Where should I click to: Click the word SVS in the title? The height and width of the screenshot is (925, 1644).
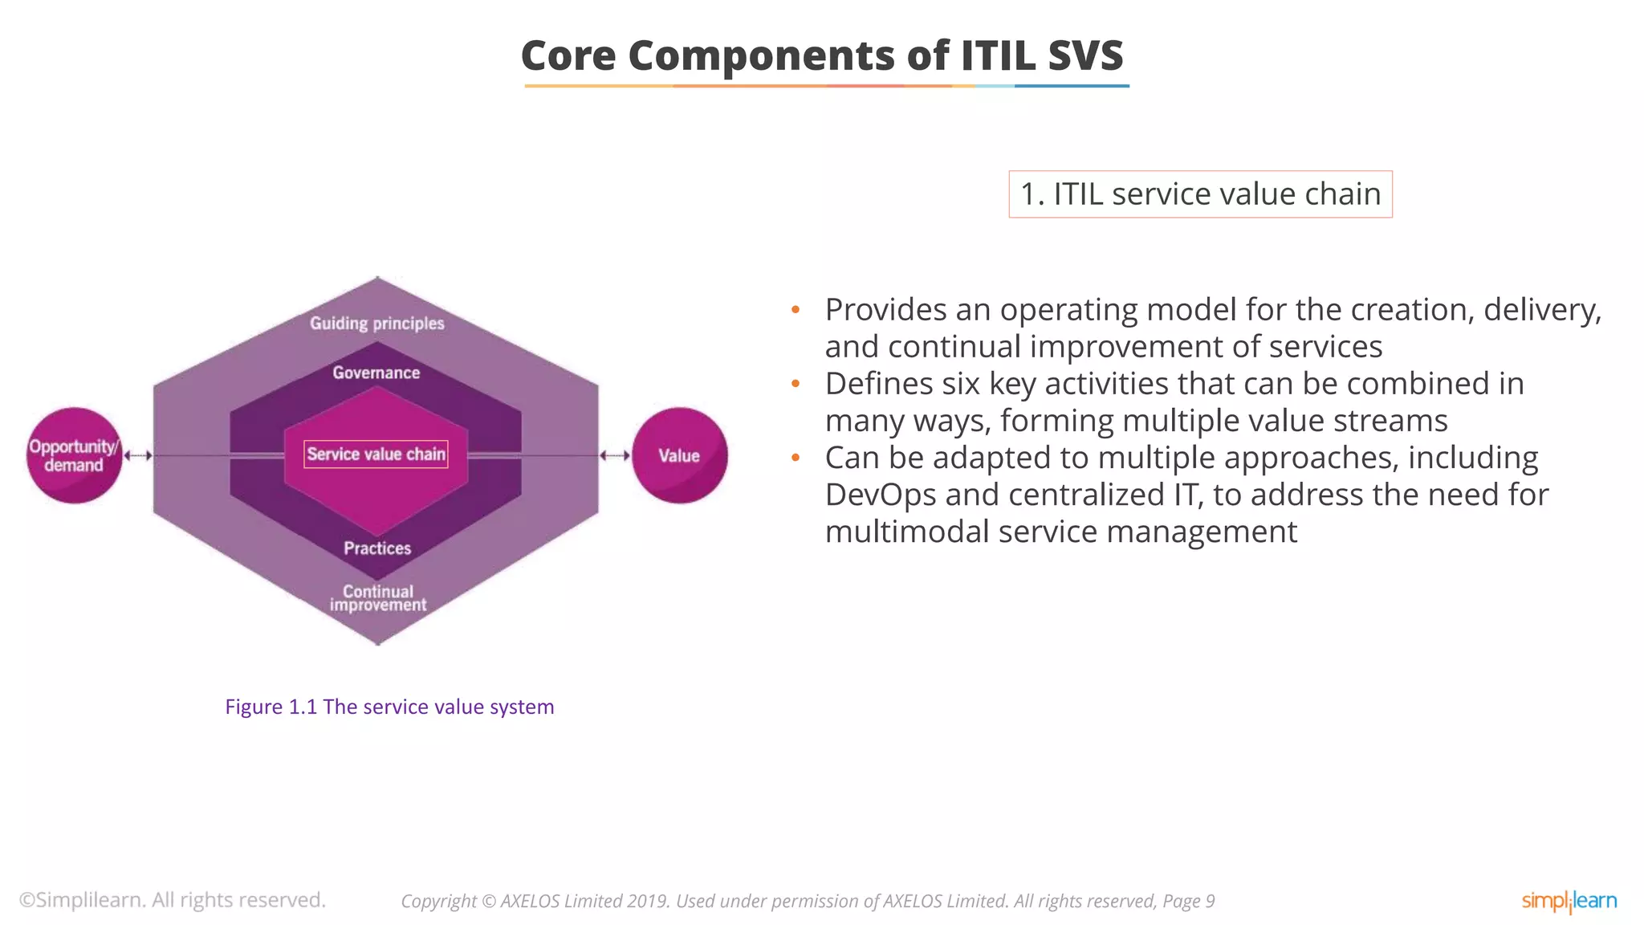(1085, 55)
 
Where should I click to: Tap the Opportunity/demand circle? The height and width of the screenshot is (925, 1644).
(74, 455)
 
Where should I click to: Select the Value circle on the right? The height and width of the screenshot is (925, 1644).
(679, 455)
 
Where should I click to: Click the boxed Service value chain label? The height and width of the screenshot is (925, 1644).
(376, 454)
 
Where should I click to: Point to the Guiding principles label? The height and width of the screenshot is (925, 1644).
(376, 324)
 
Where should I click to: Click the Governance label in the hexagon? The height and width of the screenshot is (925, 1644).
(376, 373)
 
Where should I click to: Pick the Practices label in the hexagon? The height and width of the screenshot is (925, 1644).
(377, 548)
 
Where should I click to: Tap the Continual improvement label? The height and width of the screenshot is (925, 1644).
(378, 598)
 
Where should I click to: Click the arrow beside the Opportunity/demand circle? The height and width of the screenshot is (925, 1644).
(138, 455)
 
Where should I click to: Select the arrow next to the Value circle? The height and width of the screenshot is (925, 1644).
(615, 455)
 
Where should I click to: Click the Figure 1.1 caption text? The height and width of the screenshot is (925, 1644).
(389, 707)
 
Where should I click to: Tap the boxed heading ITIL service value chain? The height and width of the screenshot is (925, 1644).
(1200, 194)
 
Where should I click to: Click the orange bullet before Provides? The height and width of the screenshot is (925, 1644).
(796, 310)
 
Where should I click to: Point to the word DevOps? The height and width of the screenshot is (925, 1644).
(880, 495)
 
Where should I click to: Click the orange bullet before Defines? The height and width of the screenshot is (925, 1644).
(796, 384)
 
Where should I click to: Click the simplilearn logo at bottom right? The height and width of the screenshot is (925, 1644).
(1569, 901)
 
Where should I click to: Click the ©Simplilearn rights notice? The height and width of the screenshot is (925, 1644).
(173, 900)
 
